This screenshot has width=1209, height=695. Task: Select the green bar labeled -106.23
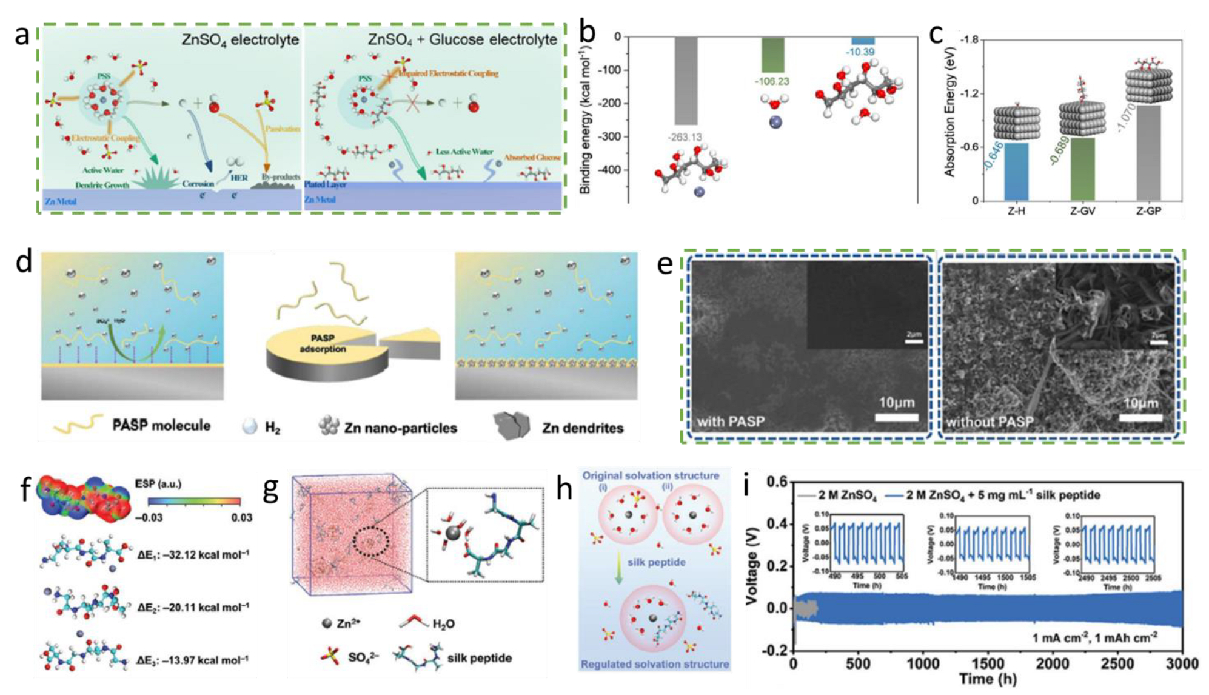(772, 55)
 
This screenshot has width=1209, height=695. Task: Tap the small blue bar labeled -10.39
(862, 41)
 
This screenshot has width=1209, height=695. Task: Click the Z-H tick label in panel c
(1016, 211)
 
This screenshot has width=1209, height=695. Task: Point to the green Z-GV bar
(1082, 169)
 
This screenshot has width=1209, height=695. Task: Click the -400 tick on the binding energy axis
(609, 170)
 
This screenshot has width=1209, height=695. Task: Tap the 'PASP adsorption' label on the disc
(323, 343)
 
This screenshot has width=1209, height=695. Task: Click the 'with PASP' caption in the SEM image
(731, 421)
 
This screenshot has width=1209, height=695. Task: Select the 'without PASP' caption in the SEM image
(990, 421)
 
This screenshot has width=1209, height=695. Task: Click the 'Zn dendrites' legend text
(582, 428)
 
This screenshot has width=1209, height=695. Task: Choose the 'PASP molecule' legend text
(161, 425)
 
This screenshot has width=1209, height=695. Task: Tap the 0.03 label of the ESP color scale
(241, 517)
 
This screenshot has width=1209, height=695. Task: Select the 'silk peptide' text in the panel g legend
(479, 658)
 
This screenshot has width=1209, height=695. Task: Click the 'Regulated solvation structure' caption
(655, 664)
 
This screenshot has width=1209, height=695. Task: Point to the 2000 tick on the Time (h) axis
(1053, 663)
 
